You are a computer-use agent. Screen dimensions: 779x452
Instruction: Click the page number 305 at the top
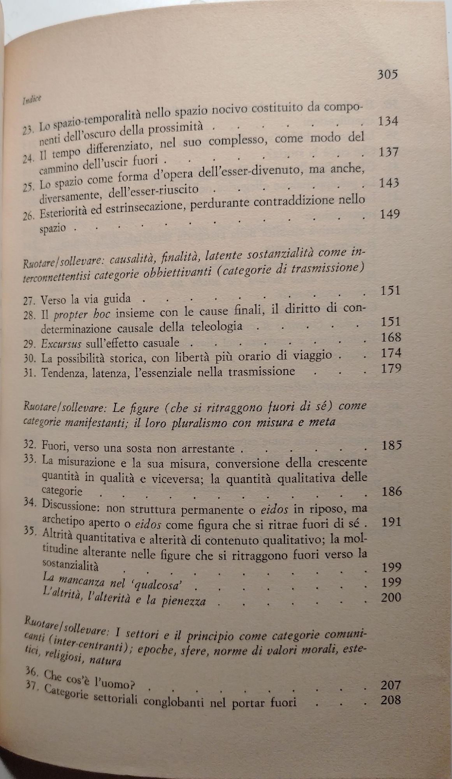pyautogui.click(x=387, y=74)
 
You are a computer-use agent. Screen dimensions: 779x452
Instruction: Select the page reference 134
pyautogui.click(x=388, y=122)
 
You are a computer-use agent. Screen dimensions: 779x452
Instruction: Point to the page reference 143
pyautogui.click(x=389, y=183)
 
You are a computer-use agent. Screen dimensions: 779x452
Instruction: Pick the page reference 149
pyautogui.click(x=389, y=214)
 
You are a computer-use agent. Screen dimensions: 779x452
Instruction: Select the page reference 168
pyautogui.click(x=390, y=337)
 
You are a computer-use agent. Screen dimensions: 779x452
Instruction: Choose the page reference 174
pyautogui.click(x=390, y=353)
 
